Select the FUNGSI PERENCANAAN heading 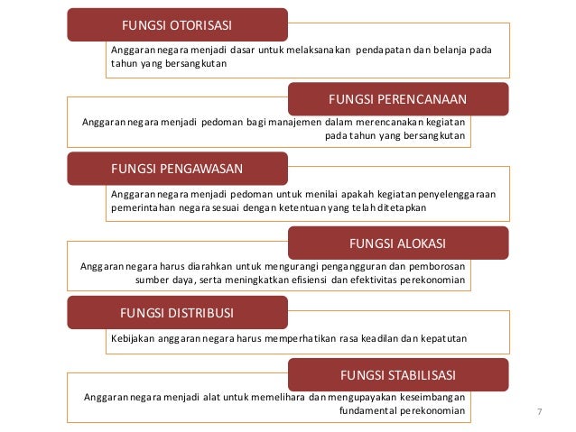tap(397, 97)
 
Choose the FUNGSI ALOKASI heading tap(397, 243)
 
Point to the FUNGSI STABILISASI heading tap(397, 373)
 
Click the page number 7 tap(540, 412)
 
